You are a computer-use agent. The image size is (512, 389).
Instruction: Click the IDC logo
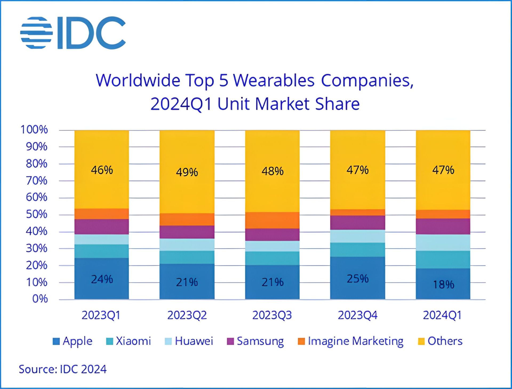point(73,33)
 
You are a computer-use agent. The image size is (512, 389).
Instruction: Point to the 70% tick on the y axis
point(37,181)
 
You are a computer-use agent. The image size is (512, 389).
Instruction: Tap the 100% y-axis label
point(34,130)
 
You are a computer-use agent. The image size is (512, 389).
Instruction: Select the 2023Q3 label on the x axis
point(272,315)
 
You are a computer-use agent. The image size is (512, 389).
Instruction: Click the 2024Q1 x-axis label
point(442,315)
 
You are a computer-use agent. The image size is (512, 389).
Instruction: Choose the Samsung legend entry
point(255,341)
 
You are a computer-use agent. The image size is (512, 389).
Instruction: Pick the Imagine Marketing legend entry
point(350,341)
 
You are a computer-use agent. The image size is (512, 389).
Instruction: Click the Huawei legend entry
point(189,341)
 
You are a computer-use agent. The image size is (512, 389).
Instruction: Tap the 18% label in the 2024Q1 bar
point(443,285)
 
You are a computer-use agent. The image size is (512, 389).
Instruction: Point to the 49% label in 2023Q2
point(187,172)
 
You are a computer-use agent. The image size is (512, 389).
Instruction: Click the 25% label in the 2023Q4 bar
point(358,279)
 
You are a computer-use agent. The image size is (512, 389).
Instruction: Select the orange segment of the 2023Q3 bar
point(272,220)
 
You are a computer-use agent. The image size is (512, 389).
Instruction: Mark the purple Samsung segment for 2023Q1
point(102,227)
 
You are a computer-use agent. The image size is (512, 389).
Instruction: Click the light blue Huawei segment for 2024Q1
point(443,242)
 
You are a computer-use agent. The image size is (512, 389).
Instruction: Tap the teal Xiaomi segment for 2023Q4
point(358,250)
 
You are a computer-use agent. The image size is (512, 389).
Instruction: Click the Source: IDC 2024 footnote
point(63,369)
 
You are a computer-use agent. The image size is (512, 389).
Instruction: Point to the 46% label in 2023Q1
point(102,170)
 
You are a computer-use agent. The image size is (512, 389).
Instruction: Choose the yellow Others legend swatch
point(421,341)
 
